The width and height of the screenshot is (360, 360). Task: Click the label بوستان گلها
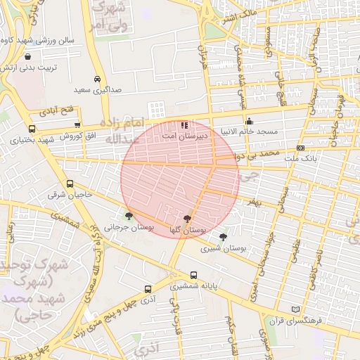[x=188, y=230]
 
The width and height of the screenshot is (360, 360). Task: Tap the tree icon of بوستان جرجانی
[x=128, y=217]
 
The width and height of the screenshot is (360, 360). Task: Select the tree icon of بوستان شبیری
[x=224, y=238]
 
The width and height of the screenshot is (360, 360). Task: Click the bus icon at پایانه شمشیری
[x=193, y=275]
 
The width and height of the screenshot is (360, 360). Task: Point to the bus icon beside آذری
[x=148, y=289]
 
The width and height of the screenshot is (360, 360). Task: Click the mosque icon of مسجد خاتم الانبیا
[x=249, y=120]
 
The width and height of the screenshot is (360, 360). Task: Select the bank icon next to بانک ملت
[x=300, y=148]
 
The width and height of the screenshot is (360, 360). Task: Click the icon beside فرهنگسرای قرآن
[x=295, y=309]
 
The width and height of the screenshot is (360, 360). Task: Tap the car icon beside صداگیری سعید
[x=97, y=79]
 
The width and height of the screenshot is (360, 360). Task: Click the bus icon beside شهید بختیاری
[x=32, y=129]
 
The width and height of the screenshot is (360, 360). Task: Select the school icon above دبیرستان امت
[x=184, y=124]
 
